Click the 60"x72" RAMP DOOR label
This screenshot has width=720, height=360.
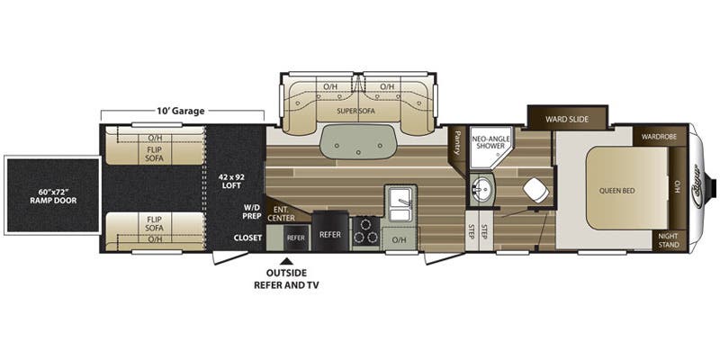[51, 194]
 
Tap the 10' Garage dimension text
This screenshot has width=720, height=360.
[181, 111]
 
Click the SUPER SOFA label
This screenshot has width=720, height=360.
[355, 112]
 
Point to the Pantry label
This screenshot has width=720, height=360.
[457, 141]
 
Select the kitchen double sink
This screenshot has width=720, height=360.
[400, 200]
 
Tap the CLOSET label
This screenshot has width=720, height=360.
[247, 238]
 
